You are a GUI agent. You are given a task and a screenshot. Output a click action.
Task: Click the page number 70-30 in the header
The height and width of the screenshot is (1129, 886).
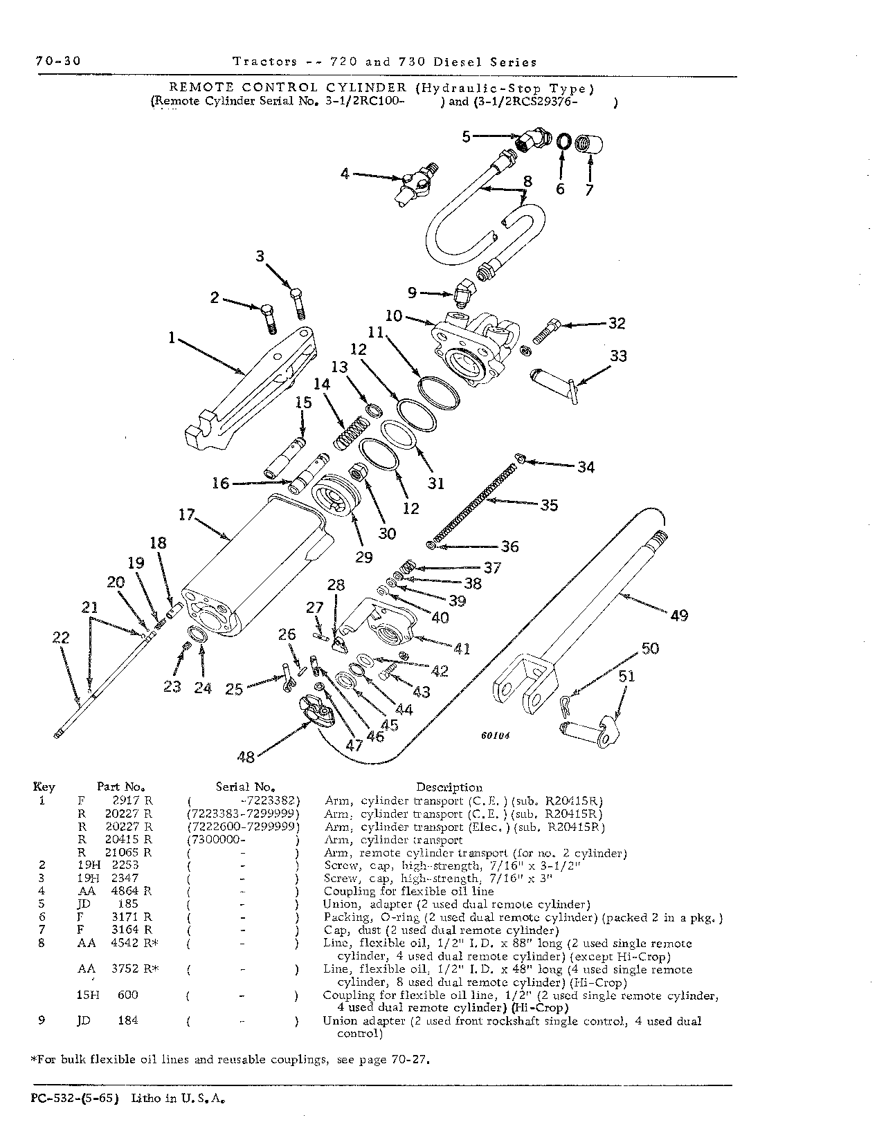(58, 61)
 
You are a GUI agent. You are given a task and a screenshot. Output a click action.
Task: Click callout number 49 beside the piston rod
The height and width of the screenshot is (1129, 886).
(679, 616)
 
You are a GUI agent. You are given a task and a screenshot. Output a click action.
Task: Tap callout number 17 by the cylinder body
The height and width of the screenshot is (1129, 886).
(186, 515)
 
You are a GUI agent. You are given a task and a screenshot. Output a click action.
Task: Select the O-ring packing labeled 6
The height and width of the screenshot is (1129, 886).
(563, 141)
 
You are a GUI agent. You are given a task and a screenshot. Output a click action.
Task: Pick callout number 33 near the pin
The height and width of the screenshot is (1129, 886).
(618, 356)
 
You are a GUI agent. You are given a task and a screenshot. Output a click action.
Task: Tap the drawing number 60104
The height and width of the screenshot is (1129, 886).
(495, 735)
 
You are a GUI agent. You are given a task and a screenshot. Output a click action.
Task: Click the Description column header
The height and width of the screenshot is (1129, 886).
(449, 787)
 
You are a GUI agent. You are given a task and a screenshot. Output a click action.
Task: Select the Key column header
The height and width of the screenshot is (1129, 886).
(44, 787)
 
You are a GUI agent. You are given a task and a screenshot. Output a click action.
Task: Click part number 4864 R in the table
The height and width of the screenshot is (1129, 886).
(132, 891)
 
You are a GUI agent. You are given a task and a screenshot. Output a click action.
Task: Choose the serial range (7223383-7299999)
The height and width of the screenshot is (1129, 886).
(243, 814)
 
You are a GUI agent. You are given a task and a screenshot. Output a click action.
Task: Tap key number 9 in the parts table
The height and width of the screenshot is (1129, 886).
(42, 1020)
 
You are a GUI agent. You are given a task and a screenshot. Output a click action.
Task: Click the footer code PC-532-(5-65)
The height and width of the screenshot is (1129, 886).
(75, 1099)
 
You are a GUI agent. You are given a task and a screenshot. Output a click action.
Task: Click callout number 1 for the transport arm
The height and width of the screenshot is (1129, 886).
(172, 338)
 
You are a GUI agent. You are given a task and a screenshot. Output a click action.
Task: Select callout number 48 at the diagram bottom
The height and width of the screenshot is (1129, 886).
(246, 757)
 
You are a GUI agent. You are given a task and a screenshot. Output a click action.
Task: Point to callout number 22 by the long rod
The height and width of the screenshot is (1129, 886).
(61, 638)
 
